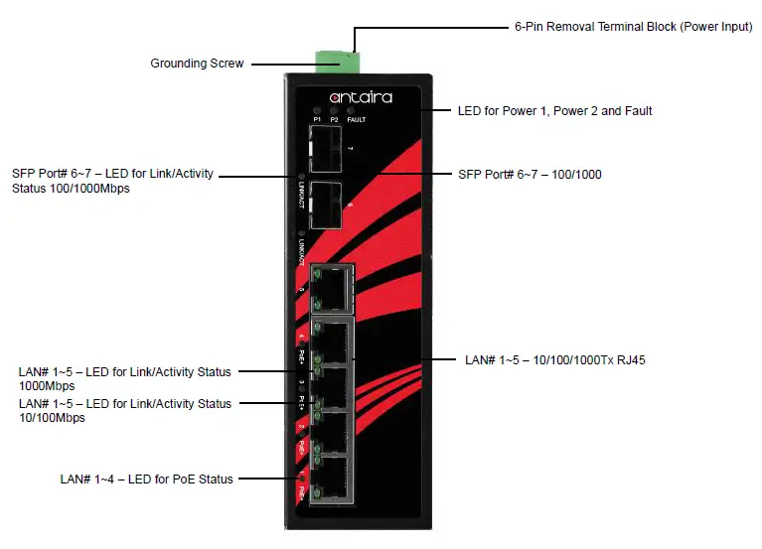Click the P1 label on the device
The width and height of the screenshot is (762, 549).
click(317, 120)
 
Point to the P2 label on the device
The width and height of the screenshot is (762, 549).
click(335, 120)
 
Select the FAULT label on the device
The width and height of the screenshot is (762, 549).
click(357, 120)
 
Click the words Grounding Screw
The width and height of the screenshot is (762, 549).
click(197, 64)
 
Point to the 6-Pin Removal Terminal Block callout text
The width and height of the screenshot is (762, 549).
click(633, 27)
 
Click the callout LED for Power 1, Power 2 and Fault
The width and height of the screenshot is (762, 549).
click(554, 111)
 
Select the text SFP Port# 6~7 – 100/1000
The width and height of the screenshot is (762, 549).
click(530, 175)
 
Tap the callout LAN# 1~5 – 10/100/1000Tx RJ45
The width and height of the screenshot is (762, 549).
click(555, 360)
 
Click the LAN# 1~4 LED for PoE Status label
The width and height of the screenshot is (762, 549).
click(146, 479)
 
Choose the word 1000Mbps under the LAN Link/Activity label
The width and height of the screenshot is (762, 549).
click(47, 386)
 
